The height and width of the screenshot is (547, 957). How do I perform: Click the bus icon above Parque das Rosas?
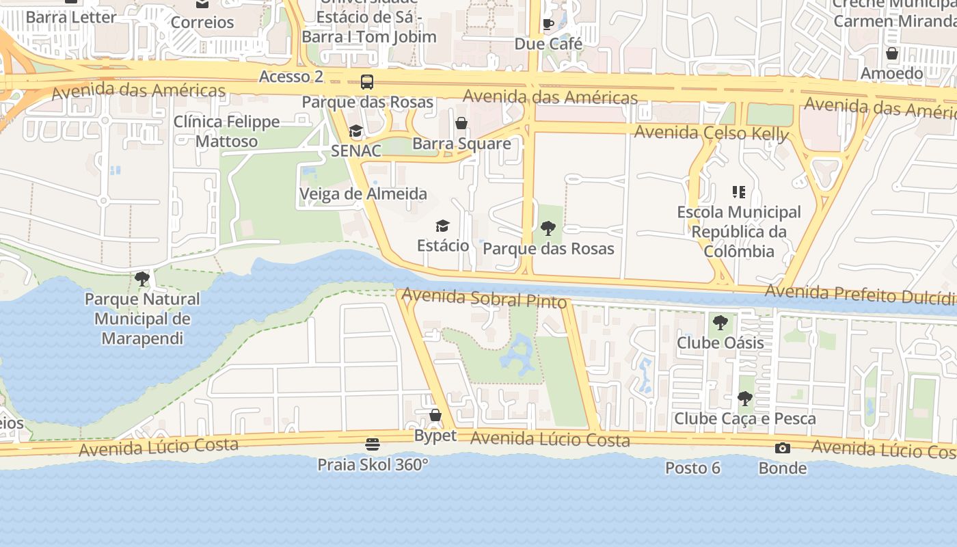point(367,82)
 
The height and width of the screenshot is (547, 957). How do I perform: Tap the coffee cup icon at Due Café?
point(548,25)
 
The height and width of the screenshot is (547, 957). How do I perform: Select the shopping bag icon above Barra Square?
point(461,124)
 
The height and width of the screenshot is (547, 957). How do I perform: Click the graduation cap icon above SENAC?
point(355,131)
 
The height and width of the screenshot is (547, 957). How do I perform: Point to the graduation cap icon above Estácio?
point(443,226)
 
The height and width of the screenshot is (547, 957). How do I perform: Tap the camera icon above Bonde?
point(783,449)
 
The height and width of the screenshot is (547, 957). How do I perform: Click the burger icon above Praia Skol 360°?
point(373,444)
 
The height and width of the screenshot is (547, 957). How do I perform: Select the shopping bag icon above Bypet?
point(435,415)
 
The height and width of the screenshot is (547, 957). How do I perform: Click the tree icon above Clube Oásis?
point(720,322)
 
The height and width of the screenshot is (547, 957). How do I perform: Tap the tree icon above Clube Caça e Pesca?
point(745,398)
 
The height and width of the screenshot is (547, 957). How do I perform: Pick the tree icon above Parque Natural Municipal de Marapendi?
point(142,279)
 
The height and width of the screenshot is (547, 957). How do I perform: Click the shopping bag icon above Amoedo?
point(892,53)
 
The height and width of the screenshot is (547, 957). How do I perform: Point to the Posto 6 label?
point(693,468)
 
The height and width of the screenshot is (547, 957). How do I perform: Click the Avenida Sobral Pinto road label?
point(485,298)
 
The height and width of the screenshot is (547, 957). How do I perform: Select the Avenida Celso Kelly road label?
point(712,133)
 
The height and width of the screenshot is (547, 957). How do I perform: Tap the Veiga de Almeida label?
point(363,194)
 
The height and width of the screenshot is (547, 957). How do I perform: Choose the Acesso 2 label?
point(291,77)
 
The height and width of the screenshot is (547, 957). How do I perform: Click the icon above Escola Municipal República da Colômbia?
point(738,192)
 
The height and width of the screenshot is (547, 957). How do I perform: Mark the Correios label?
point(202,23)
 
